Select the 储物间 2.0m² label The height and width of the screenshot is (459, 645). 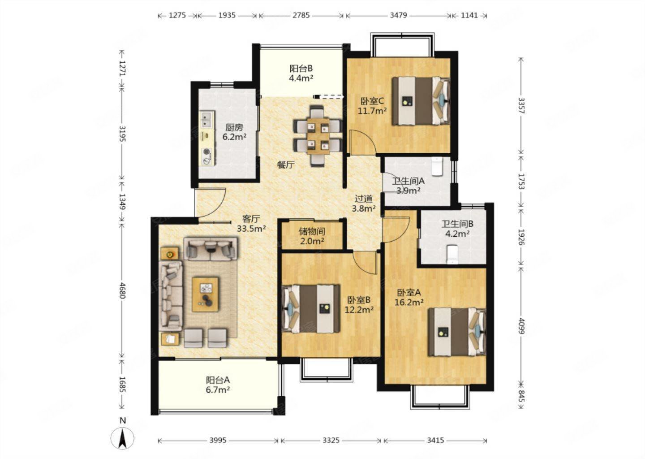pyautogui.click(x=312, y=236)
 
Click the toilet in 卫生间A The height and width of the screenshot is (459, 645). pyautogui.click(x=437, y=166)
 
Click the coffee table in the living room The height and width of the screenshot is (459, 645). pyautogui.click(x=205, y=294)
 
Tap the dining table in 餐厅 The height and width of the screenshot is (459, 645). pyautogui.click(x=318, y=136)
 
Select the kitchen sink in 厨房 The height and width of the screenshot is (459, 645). pyautogui.click(x=207, y=120)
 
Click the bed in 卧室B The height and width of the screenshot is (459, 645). pyautogui.click(x=310, y=309)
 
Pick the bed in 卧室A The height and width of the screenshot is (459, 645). pyautogui.click(x=457, y=332)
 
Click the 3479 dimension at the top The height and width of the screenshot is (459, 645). pyautogui.click(x=398, y=15)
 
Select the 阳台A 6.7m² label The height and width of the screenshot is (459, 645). pyautogui.click(x=218, y=385)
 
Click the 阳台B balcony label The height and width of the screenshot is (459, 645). pyautogui.click(x=301, y=69)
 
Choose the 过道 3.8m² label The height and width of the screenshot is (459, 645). pyautogui.click(x=364, y=203)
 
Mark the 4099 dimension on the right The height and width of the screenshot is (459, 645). pyautogui.click(x=521, y=326)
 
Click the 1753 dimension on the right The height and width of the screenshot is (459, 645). pyautogui.click(x=521, y=181)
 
